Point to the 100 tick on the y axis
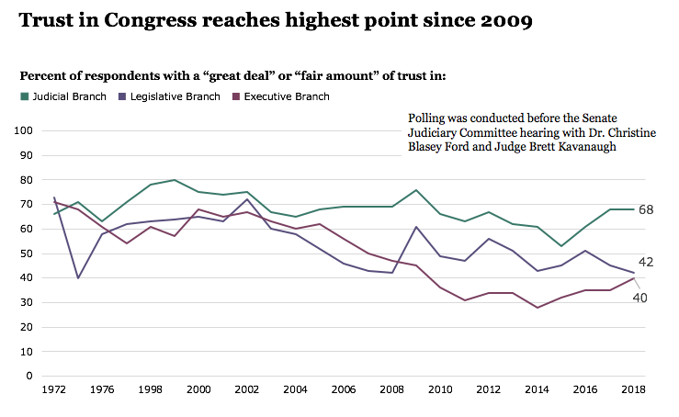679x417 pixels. [x=23, y=130]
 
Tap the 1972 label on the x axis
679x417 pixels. [x=54, y=389]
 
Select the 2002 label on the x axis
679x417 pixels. [x=246, y=389]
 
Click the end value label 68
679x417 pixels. [x=646, y=209]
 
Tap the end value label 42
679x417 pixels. [x=646, y=263]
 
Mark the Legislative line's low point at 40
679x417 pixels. [x=78, y=277]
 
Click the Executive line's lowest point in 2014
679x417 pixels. [x=538, y=308]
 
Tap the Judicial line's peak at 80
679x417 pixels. [x=175, y=180]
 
